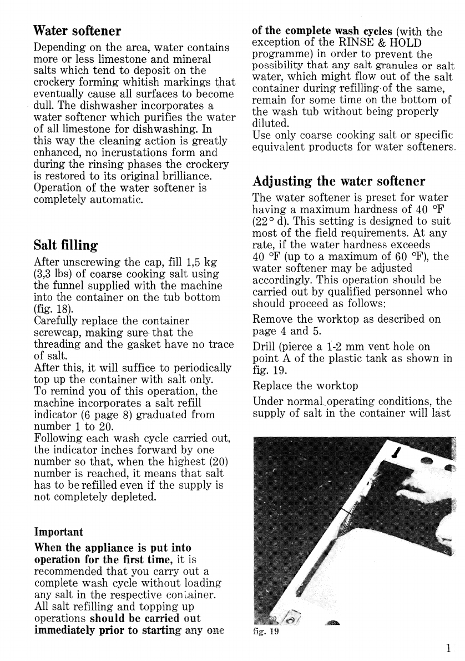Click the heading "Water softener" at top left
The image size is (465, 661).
point(77,29)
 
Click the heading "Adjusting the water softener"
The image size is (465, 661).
point(338,181)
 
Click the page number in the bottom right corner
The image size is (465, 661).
point(447,648)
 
